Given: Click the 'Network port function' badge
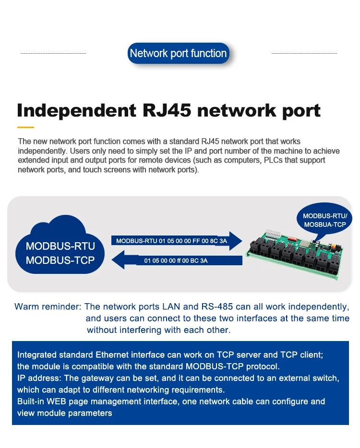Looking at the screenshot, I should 178,53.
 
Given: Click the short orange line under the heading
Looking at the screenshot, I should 26,127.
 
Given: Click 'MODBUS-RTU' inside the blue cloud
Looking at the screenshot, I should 60,247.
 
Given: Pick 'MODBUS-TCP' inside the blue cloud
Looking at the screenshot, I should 60,260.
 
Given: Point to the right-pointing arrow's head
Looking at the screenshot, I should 236,241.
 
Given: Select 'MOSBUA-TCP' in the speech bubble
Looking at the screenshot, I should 325,224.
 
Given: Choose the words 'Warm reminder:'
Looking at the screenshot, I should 48,307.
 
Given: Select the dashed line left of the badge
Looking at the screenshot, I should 53,53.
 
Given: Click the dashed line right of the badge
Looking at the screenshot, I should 304,53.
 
